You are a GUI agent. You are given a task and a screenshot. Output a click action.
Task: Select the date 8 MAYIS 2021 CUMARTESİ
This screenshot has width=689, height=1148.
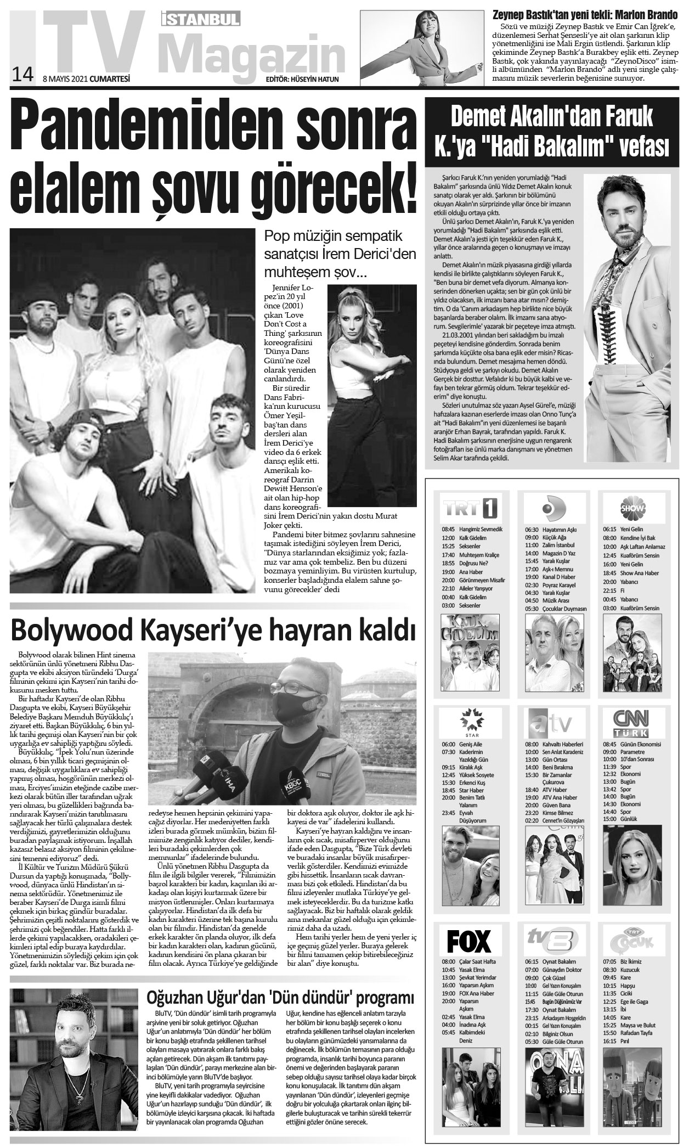[86, 78]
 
